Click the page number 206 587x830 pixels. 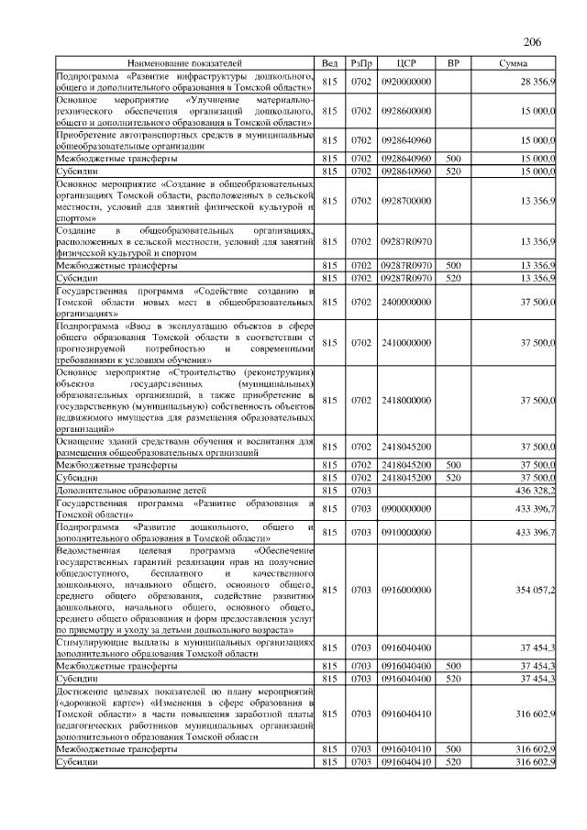(x=533, y=42)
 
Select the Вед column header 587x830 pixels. (x=330, y=63)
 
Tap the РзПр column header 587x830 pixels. (x=360, y=63)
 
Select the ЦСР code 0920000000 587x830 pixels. (x=405, y=83)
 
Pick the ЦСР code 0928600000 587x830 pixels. (x=405, y=110)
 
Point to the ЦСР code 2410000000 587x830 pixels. (x=405, y=342)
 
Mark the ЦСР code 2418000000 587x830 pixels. (x=405, y=401)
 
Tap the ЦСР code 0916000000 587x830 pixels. (x=405, y=590)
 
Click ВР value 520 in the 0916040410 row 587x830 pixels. (x=452, y=761)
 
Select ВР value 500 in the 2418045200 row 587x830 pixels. (x=452, y=465)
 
